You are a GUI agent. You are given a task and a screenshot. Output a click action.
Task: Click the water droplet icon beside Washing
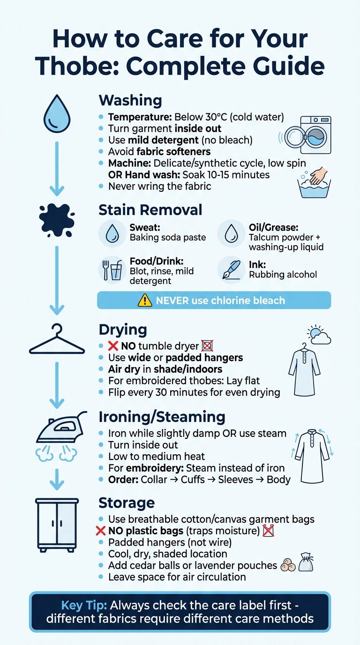click(56, 114)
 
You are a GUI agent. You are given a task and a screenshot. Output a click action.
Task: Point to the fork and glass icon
click(112, 270)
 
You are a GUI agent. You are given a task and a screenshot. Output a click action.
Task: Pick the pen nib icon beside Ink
click(231, 270)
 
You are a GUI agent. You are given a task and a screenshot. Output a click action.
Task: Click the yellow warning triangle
click(145, 300)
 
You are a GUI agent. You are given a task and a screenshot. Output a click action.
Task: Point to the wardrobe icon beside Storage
click(57, 524)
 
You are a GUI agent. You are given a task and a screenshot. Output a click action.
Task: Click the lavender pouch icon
click(306, 563)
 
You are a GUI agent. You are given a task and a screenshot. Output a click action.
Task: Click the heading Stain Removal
click(150, 210)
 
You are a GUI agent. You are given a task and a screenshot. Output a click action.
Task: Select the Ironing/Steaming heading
click(162, 417)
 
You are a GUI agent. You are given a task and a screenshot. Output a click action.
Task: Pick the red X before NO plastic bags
click(100, 531)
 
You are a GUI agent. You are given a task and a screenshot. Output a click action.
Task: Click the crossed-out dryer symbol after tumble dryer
click(207, 346)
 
